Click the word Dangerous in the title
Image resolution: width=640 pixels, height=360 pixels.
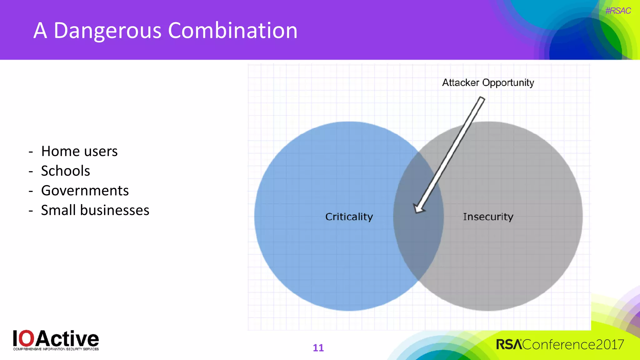(107, 31)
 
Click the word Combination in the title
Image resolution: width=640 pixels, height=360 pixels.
(232, 31)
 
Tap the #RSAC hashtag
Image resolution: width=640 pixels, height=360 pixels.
(618, 11)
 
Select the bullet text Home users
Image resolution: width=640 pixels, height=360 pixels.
(79, 151)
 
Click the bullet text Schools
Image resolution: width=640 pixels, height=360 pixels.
(66, 171)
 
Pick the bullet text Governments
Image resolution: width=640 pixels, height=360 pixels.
(85, 191)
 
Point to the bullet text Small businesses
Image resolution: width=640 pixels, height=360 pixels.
(95, 210)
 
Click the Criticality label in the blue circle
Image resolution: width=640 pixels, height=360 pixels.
(349, 217)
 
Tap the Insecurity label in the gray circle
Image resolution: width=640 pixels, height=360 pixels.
(488, 217)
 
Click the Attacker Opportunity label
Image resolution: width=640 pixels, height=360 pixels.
(488, 83)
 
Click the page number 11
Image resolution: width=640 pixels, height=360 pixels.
(318, 348)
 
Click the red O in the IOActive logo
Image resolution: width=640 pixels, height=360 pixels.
(28, 338)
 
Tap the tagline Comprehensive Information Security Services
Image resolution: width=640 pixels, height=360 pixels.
(56, 349)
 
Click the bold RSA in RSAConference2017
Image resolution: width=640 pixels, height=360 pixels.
(509, 345)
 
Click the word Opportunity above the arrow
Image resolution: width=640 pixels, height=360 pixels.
(508, 83)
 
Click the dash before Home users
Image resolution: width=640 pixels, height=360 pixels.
(31, 152)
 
